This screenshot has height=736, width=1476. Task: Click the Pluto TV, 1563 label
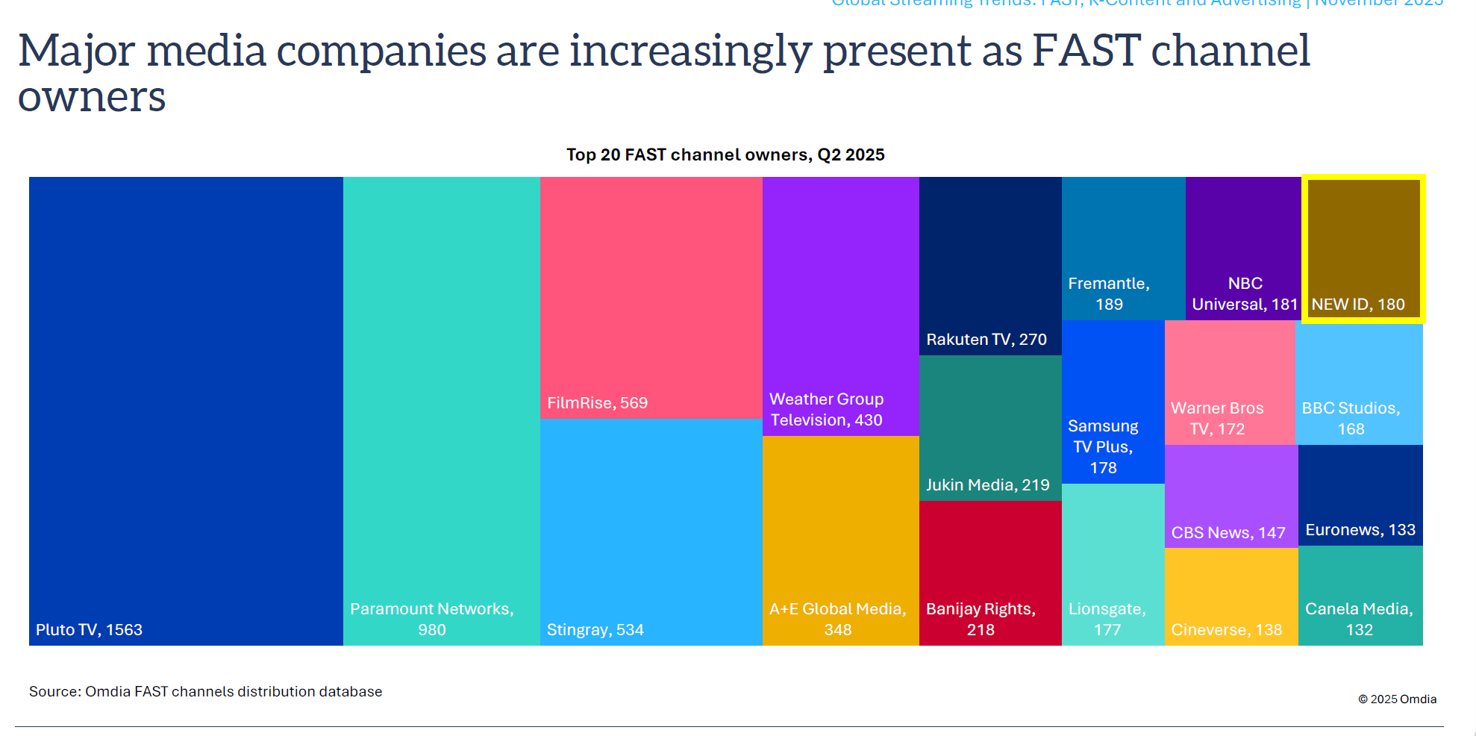89,629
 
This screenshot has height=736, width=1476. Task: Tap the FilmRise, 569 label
597,403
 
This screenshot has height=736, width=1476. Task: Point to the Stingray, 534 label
595,629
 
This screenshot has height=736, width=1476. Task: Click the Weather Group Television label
826,410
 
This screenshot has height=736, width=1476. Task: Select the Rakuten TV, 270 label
986,340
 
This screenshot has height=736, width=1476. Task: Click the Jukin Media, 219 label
987,485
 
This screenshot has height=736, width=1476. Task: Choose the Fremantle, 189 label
1109,293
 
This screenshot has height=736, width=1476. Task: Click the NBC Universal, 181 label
1245,293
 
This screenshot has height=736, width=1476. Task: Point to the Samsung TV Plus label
1103,446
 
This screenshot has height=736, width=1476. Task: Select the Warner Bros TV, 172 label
1217,418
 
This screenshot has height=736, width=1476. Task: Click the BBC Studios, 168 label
1351,418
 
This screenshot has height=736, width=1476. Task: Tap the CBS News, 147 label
1228,533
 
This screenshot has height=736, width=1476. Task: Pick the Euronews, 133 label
1360,530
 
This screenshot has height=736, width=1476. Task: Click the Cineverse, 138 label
1226,630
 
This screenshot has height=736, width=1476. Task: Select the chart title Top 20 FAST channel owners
725,155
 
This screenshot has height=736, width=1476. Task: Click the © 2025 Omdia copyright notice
1397,699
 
